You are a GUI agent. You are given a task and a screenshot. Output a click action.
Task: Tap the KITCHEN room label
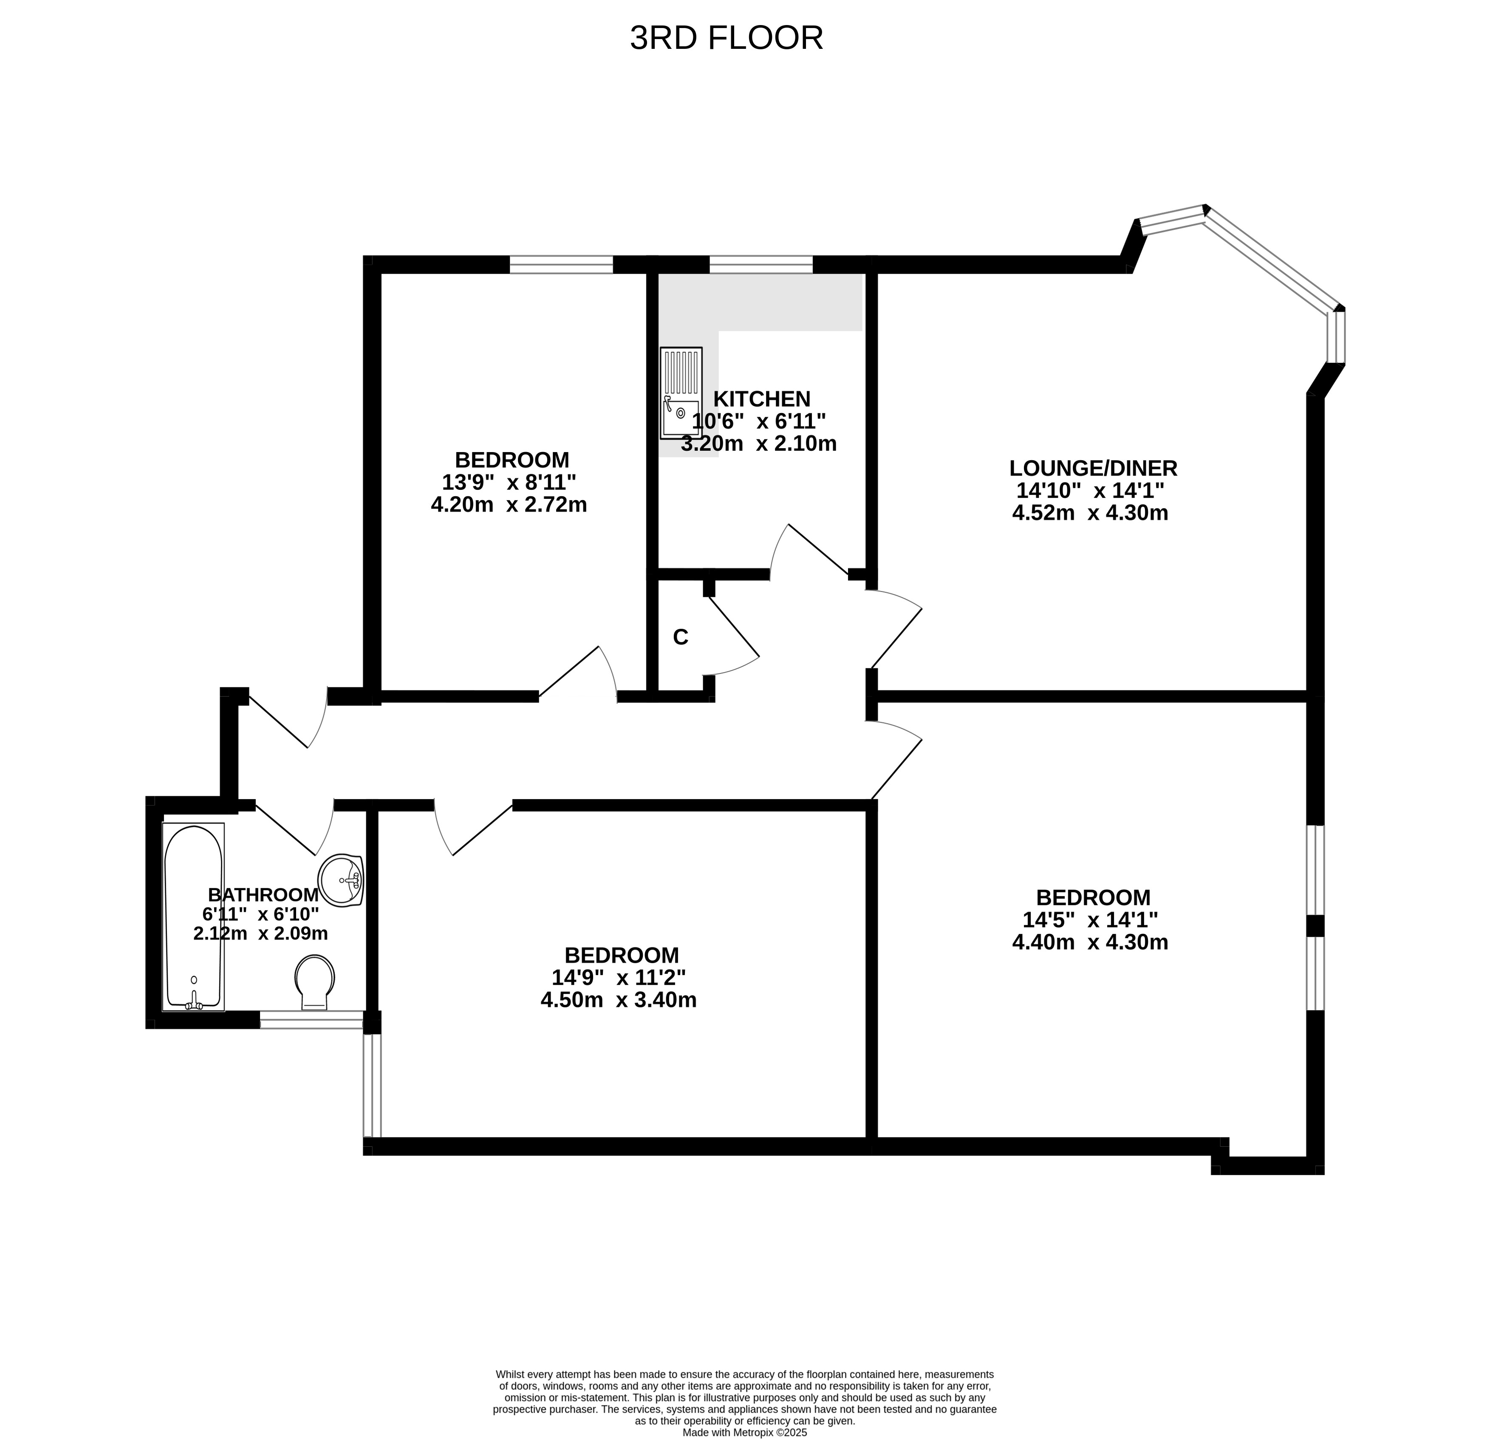pos(762,399)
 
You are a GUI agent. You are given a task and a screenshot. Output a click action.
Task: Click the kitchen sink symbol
pos(681,393)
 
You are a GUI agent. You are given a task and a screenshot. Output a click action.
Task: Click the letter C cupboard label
pos(680,637)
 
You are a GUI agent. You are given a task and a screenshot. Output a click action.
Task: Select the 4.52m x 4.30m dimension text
pos(1090,513)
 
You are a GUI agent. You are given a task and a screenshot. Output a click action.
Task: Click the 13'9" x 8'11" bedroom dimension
pos(509,482)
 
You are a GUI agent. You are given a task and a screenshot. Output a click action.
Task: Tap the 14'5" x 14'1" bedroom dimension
pos(1090,920)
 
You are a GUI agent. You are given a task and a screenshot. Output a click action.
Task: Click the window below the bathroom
pos(312,1020)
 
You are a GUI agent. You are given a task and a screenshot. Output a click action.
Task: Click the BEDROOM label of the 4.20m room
pos(512,460)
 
